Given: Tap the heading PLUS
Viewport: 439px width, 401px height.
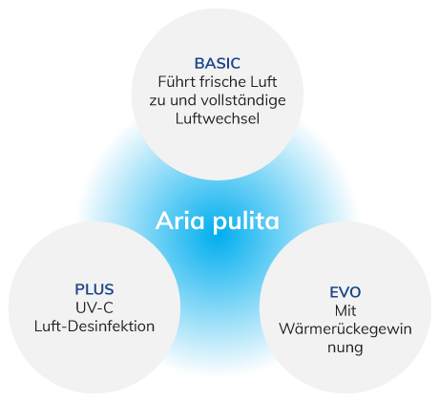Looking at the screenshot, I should tap(94, 288).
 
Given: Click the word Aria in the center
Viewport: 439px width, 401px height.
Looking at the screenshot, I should tap(178, 222).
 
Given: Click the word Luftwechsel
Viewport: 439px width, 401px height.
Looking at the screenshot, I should tap(217, 119).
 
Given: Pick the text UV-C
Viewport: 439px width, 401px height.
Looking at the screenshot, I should tap(94, 307).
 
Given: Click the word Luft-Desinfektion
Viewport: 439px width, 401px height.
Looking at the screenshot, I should tap(94, 327).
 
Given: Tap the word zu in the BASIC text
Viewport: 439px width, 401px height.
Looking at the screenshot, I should tap(157, 100).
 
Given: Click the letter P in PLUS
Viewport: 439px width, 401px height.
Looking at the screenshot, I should tap(78, 288).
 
